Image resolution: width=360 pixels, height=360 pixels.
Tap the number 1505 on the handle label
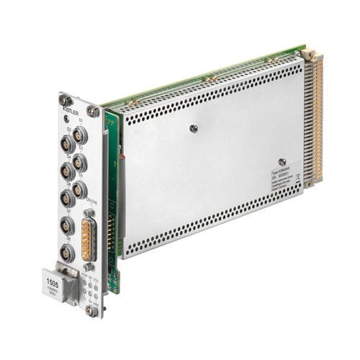(x=53, y=274)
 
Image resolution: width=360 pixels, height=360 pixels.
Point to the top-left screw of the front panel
(x=66, y=101)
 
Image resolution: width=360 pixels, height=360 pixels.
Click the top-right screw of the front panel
(x=92, y=112)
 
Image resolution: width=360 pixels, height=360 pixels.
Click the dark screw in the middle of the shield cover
(x=194, y=129)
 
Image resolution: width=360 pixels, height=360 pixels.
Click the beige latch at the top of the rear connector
(x=308, y=54)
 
